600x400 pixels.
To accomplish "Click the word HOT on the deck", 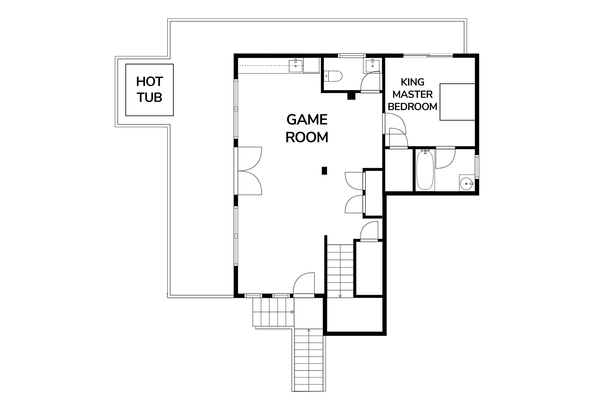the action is [149, 82].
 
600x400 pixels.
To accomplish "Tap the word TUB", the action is [149, 97].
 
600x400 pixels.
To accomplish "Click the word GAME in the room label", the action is [307, 120].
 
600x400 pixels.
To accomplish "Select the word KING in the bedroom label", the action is [412, 82].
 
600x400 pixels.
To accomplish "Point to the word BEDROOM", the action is [412, 107].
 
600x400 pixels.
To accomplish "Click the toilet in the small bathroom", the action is [334, 75].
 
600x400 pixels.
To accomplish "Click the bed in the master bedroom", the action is [457, 102].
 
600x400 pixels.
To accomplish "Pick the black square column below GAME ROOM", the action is [324, 171].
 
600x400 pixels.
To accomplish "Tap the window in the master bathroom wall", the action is [477, 167].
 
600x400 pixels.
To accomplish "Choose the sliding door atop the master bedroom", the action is [428, 56].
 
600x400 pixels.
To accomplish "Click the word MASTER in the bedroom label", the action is [412, 94].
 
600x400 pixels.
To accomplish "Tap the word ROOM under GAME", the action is [307, 137].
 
